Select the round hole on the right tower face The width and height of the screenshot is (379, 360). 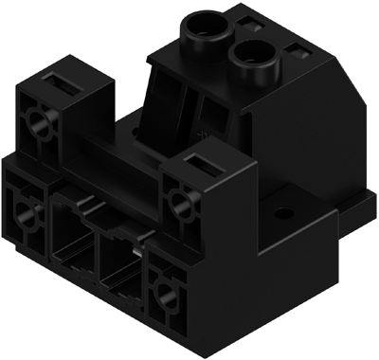pos(177,199)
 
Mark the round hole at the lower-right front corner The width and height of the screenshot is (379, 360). pos(166,290)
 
